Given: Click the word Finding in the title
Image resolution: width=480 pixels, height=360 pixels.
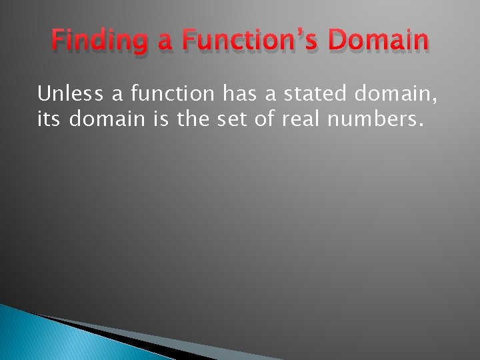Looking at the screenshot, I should point(99,42).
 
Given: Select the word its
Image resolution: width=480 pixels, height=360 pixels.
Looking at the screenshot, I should point(49,120).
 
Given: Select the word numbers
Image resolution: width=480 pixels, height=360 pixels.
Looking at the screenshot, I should point(385,120).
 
